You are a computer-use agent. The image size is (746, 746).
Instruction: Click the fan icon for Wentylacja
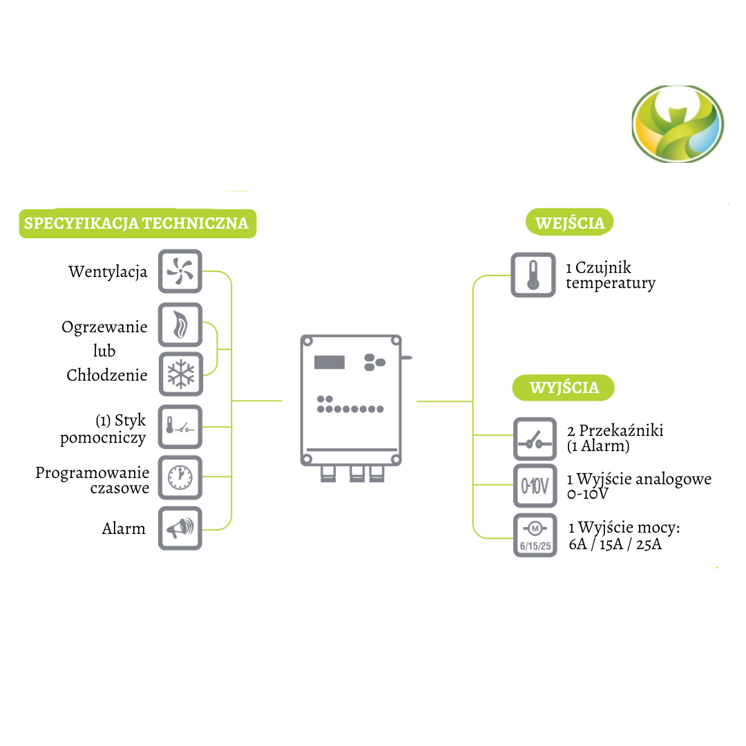[x=180, y=271]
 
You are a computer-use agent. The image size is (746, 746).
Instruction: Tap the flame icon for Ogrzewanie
[x=180, y=325]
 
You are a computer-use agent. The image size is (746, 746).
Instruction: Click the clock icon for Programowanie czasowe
[x=180, y=477]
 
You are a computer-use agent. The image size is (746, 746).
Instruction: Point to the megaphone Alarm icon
[x=180, y=528]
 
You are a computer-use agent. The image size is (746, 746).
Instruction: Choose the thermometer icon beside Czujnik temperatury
[x=533, y=275]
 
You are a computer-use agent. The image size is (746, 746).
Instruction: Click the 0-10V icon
[x=535, y=487]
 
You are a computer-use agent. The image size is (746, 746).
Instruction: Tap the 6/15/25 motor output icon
[x=535, y=535]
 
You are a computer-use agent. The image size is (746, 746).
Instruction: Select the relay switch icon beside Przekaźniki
[x=535, y=439]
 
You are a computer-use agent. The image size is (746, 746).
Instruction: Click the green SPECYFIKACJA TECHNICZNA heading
[x=137, y=224]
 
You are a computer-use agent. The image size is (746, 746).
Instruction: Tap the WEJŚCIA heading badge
[x=570, y=223]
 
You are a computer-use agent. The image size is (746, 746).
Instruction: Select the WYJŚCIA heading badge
[x=564, y=388]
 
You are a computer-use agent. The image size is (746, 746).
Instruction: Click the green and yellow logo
[x=677, y=124]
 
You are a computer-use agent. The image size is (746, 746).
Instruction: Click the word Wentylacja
[x=108, y=272]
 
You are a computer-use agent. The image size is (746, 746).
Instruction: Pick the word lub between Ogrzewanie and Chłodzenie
[x=104, y=351]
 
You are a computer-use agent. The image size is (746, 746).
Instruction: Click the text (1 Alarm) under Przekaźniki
[x=598, y=446]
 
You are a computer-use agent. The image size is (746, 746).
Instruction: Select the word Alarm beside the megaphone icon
[x=124, y=529]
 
